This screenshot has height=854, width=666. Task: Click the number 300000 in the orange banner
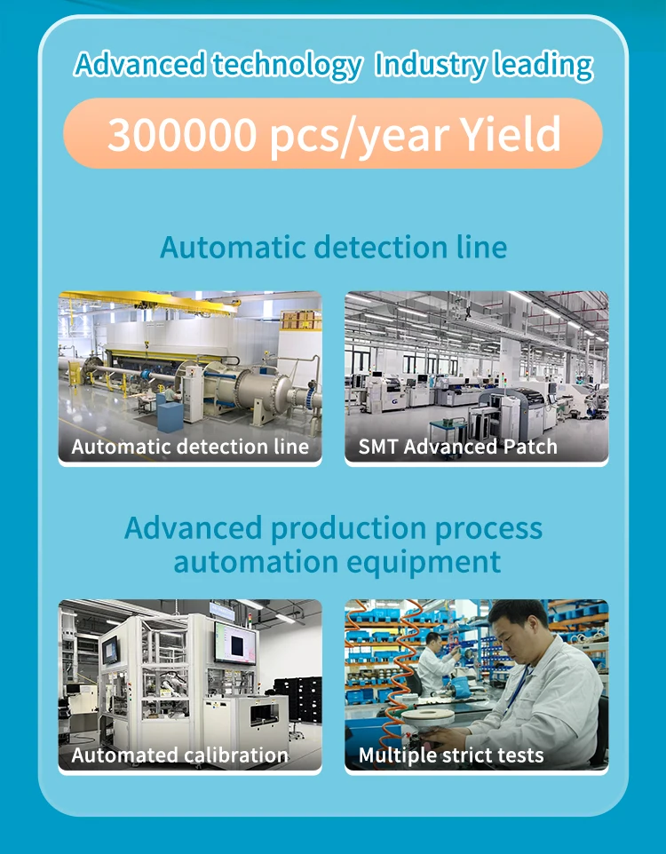click(181, 134)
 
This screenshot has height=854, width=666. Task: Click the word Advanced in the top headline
click(139, 64)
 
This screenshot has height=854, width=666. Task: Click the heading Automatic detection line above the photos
click(334, 247)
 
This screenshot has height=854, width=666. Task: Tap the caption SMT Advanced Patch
click(458, 447)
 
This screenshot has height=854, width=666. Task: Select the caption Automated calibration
click(180, 755)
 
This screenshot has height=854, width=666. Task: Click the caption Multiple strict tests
click(451, 755)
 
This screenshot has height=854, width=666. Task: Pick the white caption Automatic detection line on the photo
click(190, 447)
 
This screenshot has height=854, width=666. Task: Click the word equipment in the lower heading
click(424, 563)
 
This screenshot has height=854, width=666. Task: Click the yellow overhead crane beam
click(150, 301)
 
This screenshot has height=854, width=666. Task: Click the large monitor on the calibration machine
click(235, 643)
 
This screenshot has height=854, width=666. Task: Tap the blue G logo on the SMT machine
click(394, 401)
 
